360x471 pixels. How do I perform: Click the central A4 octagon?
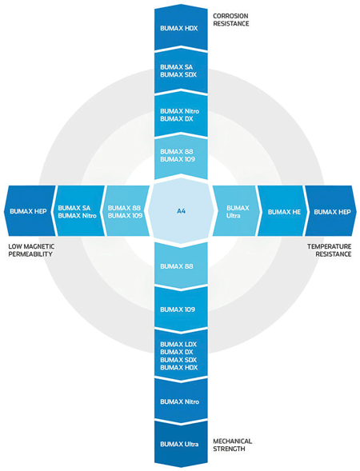click(181, 211)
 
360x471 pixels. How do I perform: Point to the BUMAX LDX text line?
click(178, 344)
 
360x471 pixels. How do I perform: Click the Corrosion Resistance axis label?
click(230, 19)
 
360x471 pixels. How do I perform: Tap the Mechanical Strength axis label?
click(232, 445)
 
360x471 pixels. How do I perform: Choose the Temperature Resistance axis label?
click(329, 250)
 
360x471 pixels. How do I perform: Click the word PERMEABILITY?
click(30, 254)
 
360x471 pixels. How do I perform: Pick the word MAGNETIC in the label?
click(39, 246)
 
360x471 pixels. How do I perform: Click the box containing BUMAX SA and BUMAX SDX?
click(181, 71)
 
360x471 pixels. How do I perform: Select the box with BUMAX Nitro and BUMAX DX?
click(181, 115)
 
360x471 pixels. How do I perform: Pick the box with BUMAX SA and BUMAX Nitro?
click(79, 210)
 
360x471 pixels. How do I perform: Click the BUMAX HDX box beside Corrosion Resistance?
click(181, 28)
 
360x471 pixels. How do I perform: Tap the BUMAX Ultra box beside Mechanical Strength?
click(181, 444)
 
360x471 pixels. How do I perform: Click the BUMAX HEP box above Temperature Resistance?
click(331, 210)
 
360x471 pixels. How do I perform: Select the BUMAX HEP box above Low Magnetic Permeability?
click(30, 210)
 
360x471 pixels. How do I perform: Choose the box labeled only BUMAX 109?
click(181, 309)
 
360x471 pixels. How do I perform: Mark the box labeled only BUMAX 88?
click(181, 266)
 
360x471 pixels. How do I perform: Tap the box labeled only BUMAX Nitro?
click(181, 401)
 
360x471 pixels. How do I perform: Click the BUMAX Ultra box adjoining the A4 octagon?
click(236, 210)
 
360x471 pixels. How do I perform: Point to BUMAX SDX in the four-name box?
click(178, 360)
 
